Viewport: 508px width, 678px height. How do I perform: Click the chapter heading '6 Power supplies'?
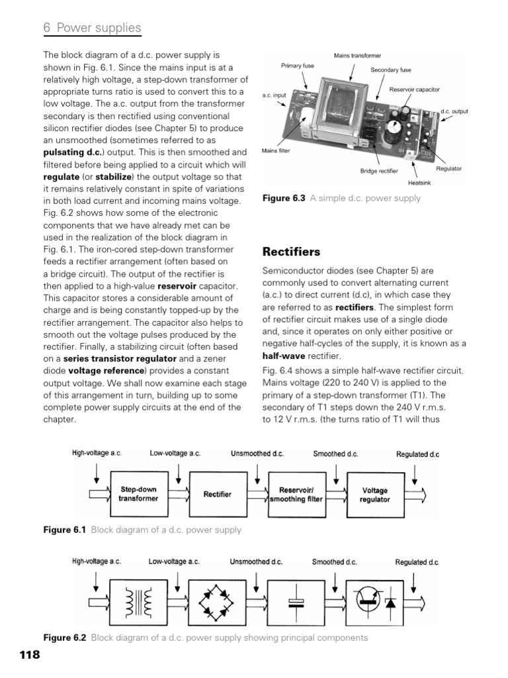[x=92, y=28]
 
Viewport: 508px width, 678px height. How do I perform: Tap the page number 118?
[x=30, y=655]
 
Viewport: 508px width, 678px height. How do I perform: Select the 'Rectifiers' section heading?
[x=292, y=252]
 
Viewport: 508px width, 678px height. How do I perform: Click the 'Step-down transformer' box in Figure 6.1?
[x=139, y=494]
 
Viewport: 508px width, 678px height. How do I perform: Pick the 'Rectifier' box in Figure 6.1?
[x=217, y=494]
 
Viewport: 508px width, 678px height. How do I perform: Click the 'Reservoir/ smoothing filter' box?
[x=296, y=494]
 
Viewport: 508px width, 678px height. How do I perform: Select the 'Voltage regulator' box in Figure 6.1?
[x=374, y=494]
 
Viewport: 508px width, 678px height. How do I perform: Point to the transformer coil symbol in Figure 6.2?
[x=139, y=603]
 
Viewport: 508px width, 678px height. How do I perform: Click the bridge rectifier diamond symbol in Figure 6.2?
[x=217, y=603]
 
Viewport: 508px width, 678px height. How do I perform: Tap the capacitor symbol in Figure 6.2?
[x=296, y=603]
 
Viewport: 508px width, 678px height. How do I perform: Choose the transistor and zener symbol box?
[x=374, y=603]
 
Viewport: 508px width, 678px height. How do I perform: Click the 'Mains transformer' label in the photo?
[x=357, y=55]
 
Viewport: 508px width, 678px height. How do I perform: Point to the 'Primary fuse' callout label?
[x=298, y=66]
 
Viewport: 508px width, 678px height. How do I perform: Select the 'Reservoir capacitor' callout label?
[x=415, y=89]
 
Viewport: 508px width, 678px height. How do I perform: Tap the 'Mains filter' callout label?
[x=276, y=151]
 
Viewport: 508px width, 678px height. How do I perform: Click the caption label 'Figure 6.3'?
[x=284, y=198]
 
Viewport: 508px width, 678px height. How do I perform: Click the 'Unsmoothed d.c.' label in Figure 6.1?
[x=257, y=454]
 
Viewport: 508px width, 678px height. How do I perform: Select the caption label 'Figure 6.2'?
[x=65, y=638]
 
